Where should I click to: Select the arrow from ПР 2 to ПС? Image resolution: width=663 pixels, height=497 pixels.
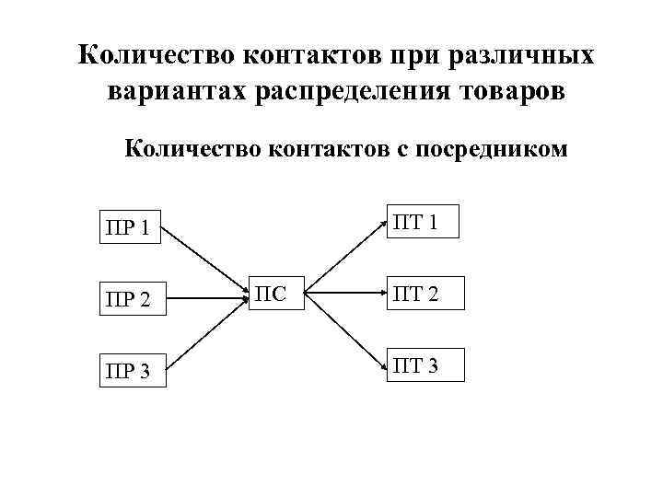[x=207, y=297]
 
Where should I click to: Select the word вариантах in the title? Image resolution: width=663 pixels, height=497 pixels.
[x=184, y=92]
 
